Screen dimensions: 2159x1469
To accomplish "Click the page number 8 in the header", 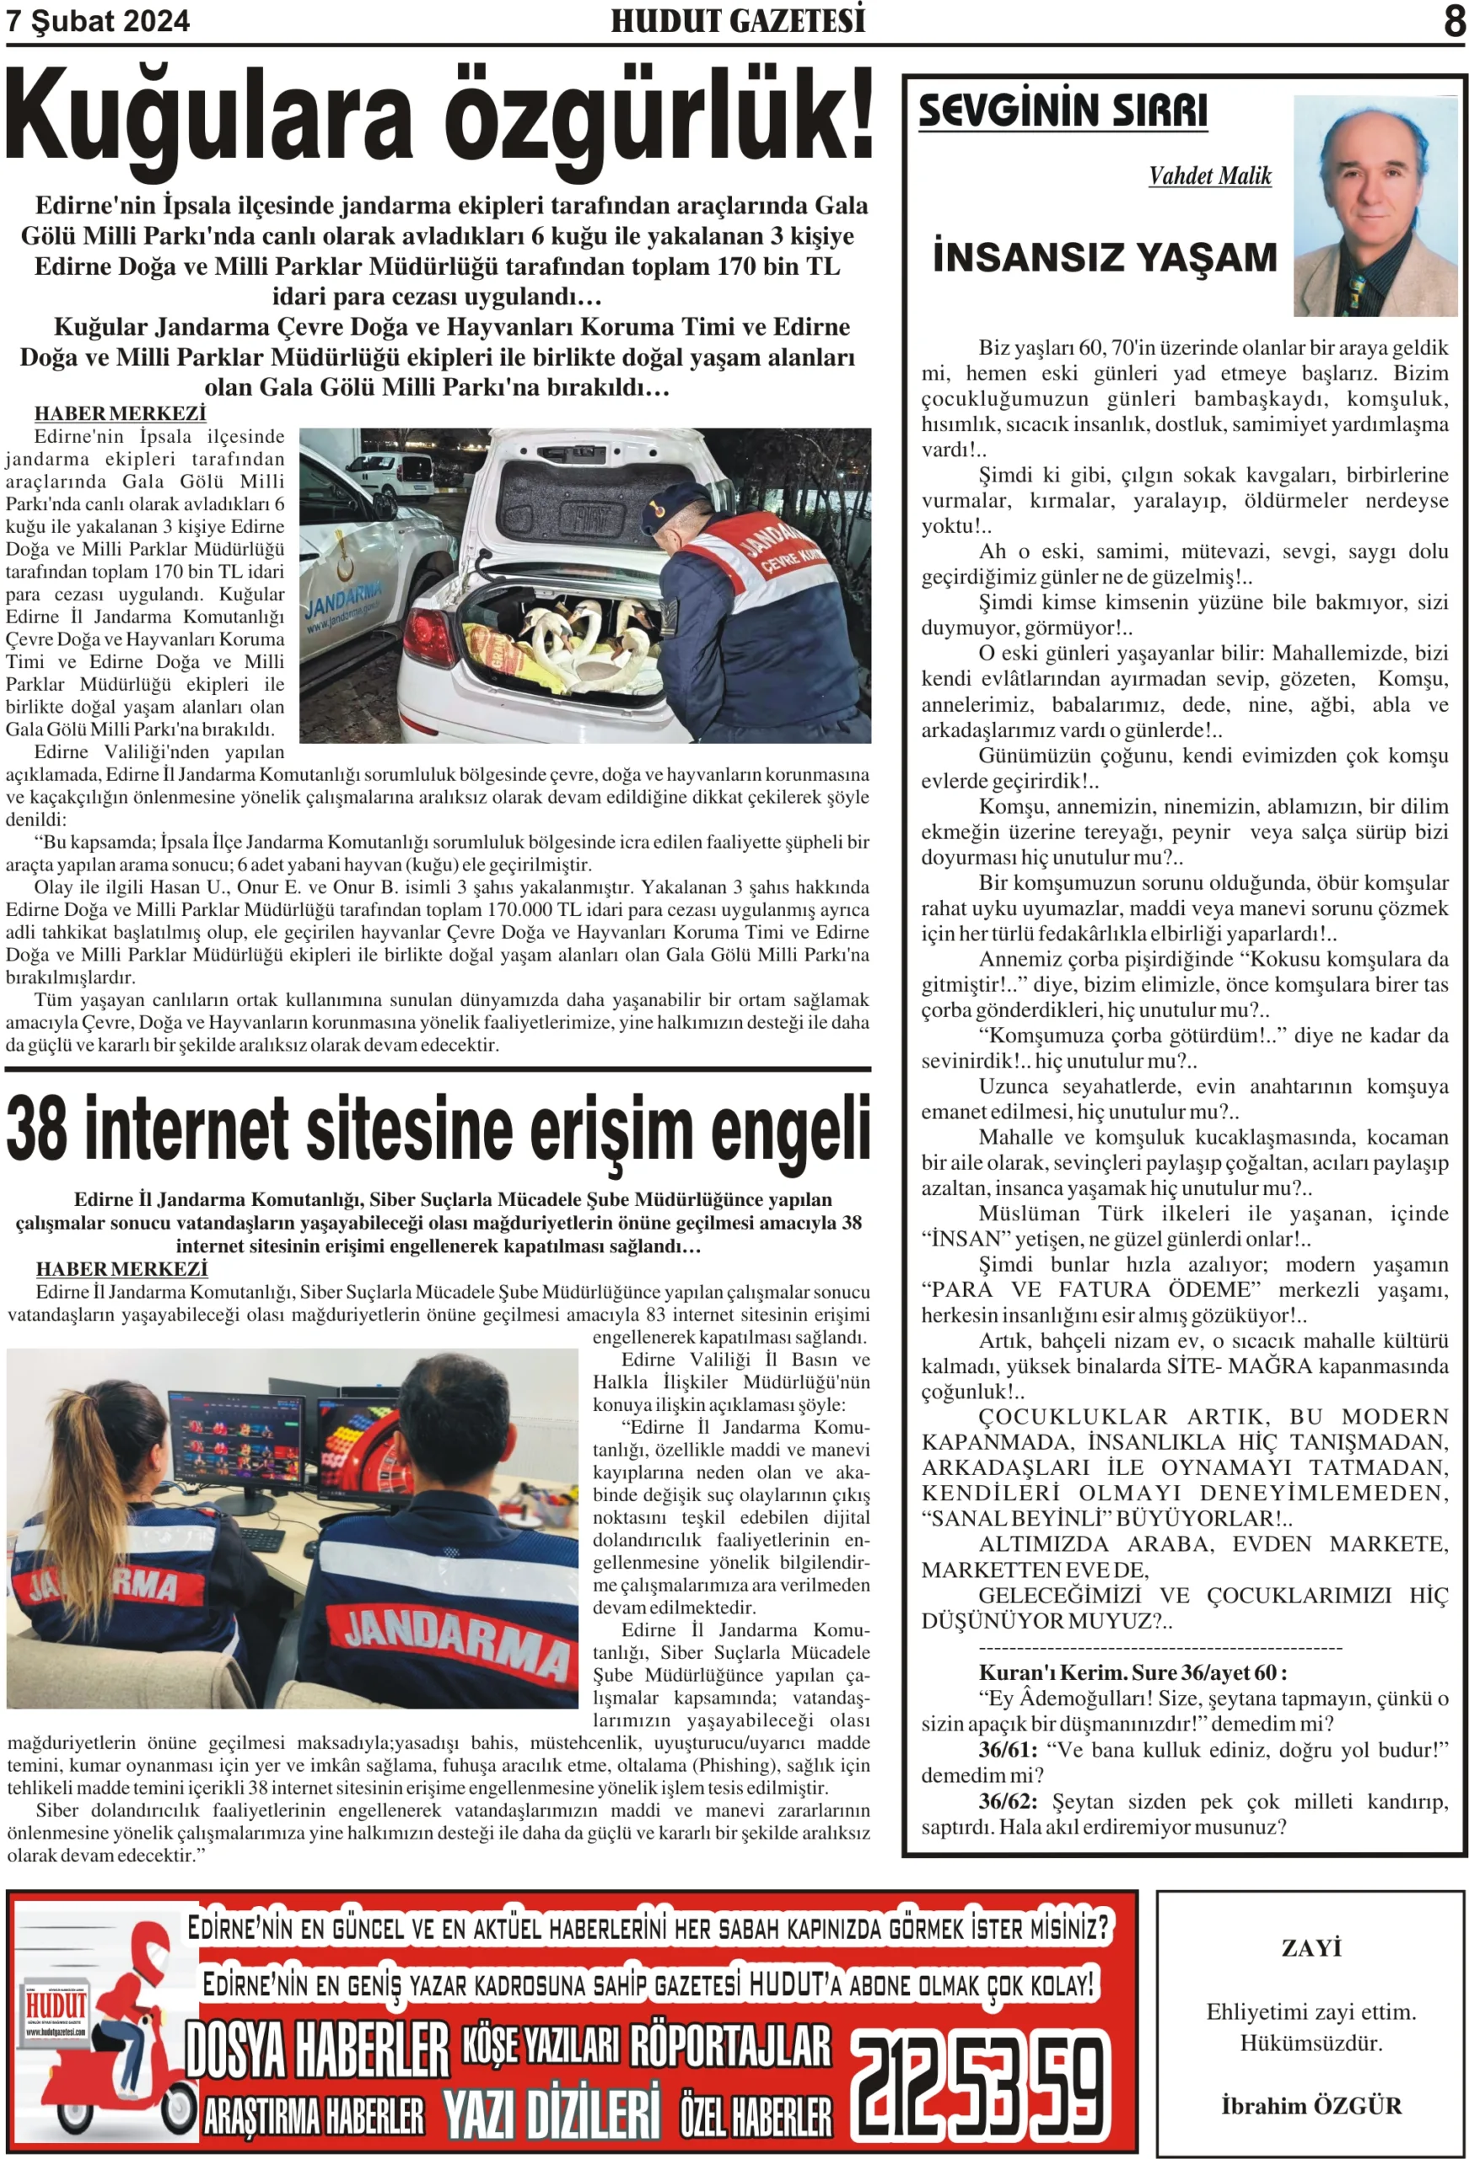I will [x=1454, y=20].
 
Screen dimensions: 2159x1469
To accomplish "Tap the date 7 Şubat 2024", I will [x=98, y=21].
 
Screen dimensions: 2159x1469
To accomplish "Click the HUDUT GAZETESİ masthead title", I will [x=737, y=20].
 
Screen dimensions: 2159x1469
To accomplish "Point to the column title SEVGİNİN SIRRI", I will [x=1062, y=110].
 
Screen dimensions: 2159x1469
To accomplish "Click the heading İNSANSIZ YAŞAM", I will [x=1104, y=257].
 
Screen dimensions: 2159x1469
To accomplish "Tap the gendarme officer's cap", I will [x=678, y=502].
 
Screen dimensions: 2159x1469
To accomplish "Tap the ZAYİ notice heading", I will [x=1310, y=1947].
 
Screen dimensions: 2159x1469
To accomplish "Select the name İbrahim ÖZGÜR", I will [x=1310, y=2105].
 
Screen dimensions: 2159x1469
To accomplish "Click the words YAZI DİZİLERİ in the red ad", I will [x=551, y=2113].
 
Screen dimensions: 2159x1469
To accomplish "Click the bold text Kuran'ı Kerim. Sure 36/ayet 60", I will [x=1132, y=1672].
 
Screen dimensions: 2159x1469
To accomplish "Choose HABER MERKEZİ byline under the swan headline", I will [x=120, y=412].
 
